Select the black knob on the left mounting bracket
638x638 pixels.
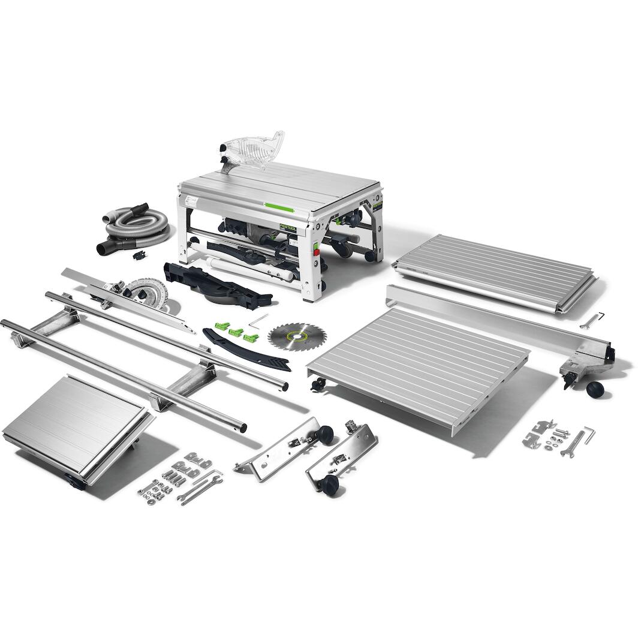(325, 432)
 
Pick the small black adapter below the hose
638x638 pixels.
(140, 255)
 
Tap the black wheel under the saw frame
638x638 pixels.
(342, 248)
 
